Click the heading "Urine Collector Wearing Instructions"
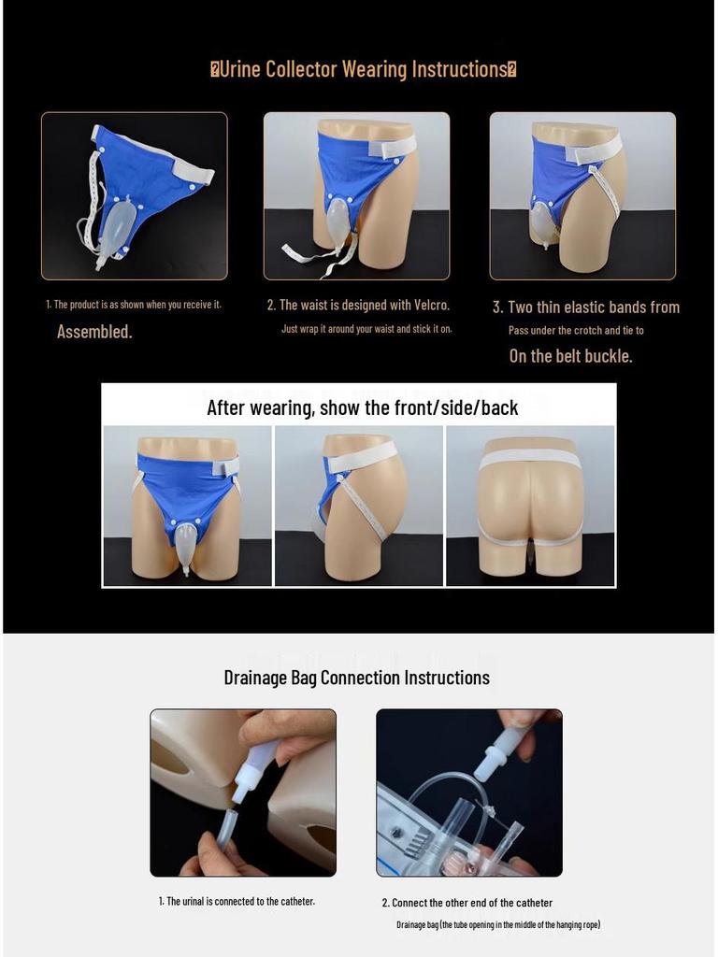point(364,69)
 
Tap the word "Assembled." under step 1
point(94,332)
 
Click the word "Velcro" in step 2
point(430,305)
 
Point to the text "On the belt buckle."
point(570,356)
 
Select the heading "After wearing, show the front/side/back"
point(362,407)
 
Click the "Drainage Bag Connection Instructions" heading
point(356,678)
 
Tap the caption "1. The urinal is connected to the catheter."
point(237,901)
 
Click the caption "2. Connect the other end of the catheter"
point(467,903)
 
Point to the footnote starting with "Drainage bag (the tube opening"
point(497,924)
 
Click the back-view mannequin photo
point(530,506)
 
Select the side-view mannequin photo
point(358,506)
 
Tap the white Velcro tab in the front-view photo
point(224,465)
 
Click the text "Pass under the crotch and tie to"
point(576,330)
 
